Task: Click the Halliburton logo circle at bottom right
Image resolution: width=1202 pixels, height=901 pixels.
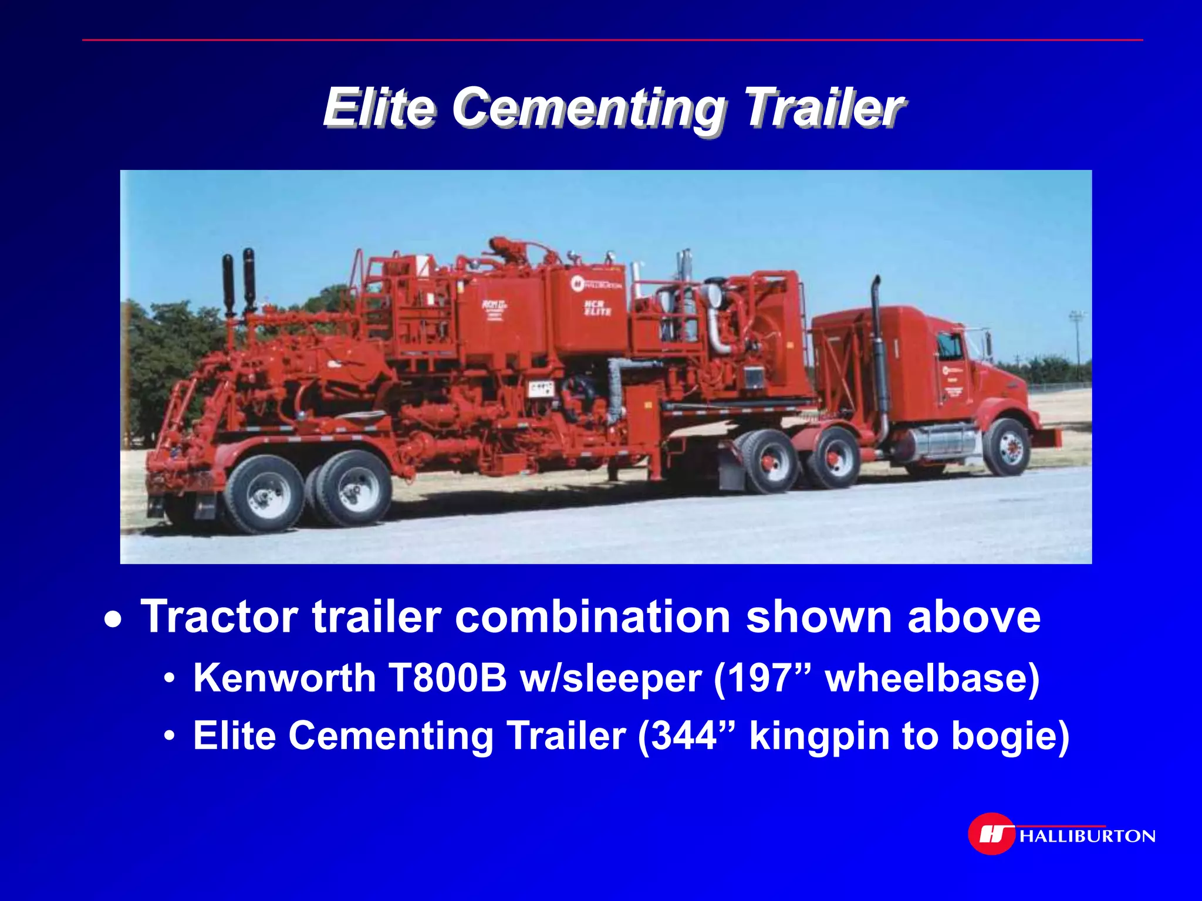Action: click(x=991, y=834)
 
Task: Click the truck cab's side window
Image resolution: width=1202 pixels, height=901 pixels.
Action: click(x=949, y=347)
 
